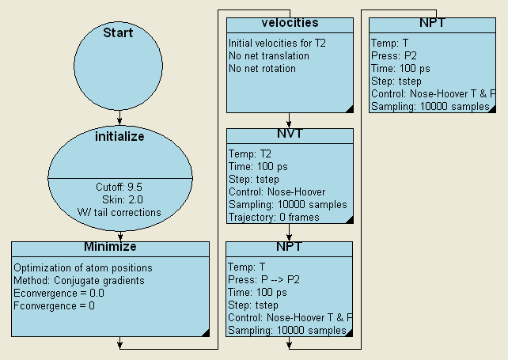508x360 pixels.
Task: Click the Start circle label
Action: pos(118,33)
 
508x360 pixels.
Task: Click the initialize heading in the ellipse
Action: pos(119,136)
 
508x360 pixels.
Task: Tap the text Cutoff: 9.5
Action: pos(119,187)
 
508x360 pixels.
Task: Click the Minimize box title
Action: pos(110,247)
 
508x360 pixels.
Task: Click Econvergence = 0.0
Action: pos(59,293)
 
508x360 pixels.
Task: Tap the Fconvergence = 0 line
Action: pos(54,305)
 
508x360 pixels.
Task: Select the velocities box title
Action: pos(289,23)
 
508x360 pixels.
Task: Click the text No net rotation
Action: pos(262,68)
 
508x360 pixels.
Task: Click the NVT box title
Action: pos(289,134)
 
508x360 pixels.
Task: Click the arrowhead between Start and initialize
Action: pos(119,121)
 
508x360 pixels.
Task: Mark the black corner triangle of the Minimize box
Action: pos(204,332)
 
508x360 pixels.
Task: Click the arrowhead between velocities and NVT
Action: pos(290,125)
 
